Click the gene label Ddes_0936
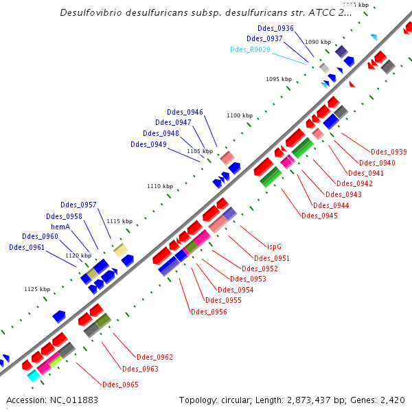click(x=275, y=28)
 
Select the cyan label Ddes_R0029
click(x=248, y=49)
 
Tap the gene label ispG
click(x=274, y=248)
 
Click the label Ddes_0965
click(x=120, y=385)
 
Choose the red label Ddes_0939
click(x=389, y=152)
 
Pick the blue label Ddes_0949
click(x=148, y=144)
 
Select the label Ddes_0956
click(x=209, y=312)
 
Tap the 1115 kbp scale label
click(x=119, y=221)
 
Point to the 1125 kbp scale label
click(x=37, y=289)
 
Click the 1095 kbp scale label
click(x=279, y=79)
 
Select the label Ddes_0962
click(x=154, y=357)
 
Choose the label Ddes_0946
click(x=185, y=112)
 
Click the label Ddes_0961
click(x=27, y=247)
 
